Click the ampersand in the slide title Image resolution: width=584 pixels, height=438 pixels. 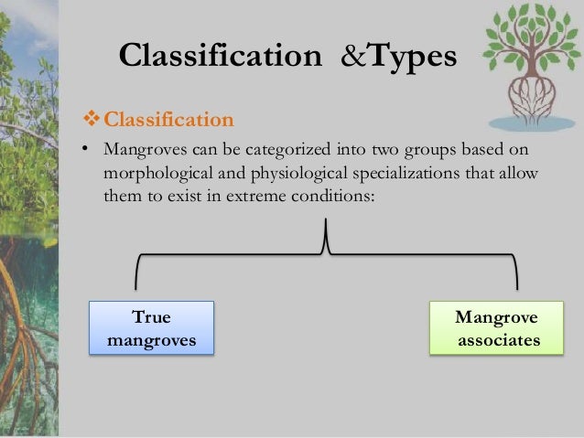(351, 57)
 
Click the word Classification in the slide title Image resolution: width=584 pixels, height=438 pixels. (220, 57)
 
